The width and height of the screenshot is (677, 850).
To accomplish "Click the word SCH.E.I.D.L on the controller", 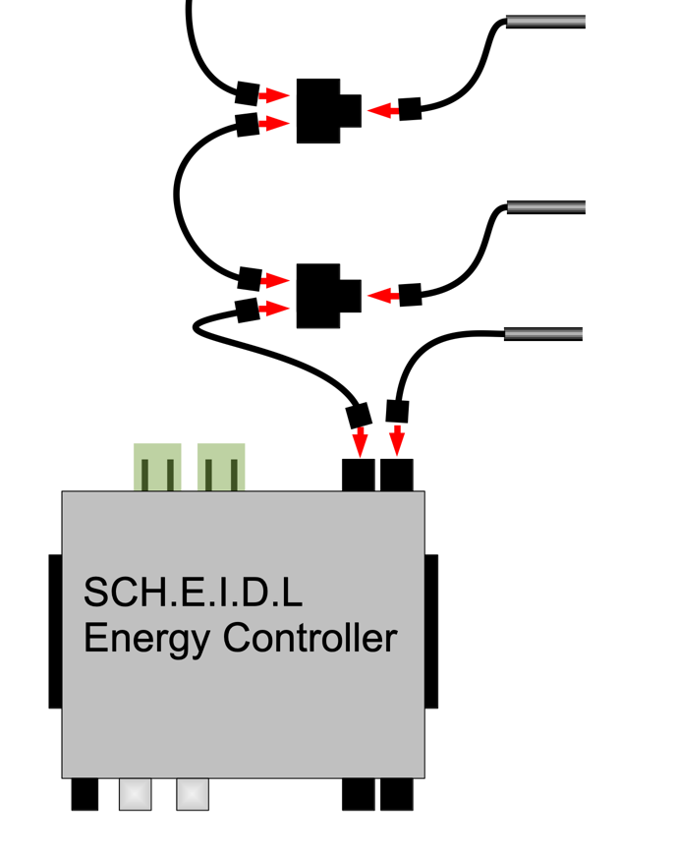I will click(x=194, y=593).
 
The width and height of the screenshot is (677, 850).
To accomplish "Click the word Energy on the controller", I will click(x=146, y=639).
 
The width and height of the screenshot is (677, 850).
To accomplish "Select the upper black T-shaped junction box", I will click(x=325, y=109).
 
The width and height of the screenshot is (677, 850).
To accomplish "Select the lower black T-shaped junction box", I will click(x=325, y=294).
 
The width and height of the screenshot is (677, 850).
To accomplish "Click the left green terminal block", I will click(x=158, y=468).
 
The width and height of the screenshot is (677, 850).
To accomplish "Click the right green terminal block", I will click(x=221, y=468).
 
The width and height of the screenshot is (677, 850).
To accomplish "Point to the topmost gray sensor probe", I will click(x=545, y=23).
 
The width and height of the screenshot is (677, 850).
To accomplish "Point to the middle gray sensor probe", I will click(x=545, y=207).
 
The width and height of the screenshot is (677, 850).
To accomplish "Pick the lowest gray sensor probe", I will click(x=543, y=334).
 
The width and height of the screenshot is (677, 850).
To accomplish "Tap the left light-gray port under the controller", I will click(x=136, y=794).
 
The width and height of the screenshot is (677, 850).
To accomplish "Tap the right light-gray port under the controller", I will click(x=193, y=794).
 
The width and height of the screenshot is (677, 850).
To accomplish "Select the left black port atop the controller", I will click(x=358, y=475).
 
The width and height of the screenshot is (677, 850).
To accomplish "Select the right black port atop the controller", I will click(x=397, y=475).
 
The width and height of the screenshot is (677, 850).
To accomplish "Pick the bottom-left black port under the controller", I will click(x=85, y=794).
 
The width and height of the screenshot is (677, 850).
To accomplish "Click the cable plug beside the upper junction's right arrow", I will click(x=409, y=109).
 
